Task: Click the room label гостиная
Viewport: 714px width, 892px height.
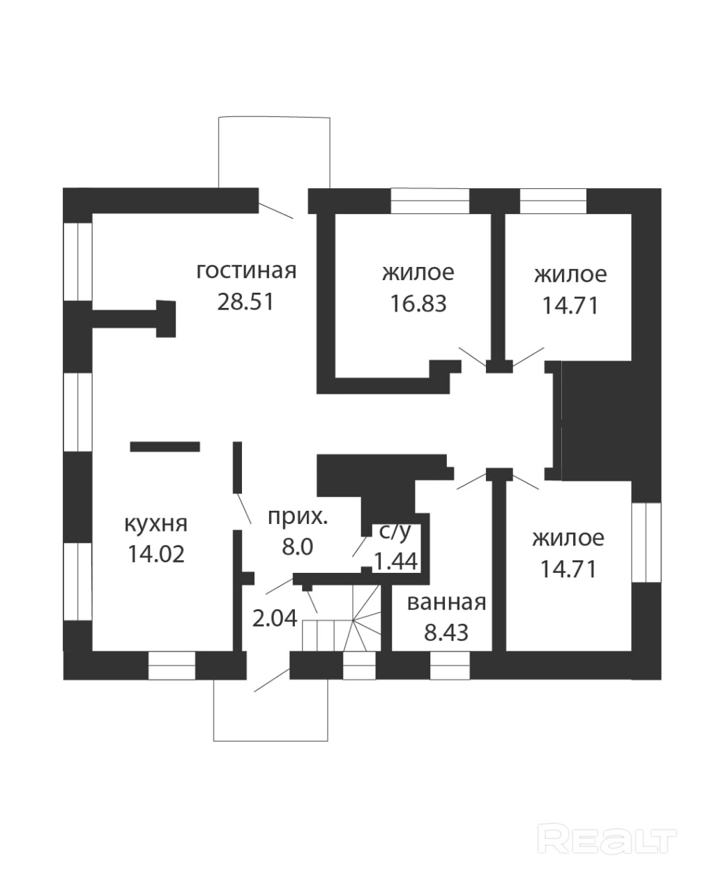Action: [x=246, y=271]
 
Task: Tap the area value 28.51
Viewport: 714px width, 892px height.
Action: [x=245, y=302]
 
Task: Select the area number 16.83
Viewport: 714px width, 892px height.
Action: [x=418, y=304]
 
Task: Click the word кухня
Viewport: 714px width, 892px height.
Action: [x=156, y=524]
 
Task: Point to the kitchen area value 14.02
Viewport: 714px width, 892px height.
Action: [x=156, y=554]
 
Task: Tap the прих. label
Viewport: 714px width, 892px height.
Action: [x=298, y=517]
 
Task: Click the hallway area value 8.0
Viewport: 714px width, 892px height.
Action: [x=298, y=547]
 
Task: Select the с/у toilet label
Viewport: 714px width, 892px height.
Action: [x=395, y=532]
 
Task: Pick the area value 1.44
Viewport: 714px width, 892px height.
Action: [x=396, y=562]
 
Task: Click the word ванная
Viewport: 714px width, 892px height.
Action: [x=446, y=603]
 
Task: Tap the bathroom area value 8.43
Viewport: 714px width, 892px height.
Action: [x=446, y=633]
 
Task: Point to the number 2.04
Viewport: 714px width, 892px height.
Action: [x=275, y=620]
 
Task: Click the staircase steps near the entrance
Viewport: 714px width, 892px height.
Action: [x=341, y=624]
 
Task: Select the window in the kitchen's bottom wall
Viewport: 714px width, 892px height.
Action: [x=172, y=665]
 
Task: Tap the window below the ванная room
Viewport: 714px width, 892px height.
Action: [x=450, y=665]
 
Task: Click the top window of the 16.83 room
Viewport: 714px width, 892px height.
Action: [x=430, y=201]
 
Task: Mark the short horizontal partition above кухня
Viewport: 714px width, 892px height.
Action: [x=165, y=447]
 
